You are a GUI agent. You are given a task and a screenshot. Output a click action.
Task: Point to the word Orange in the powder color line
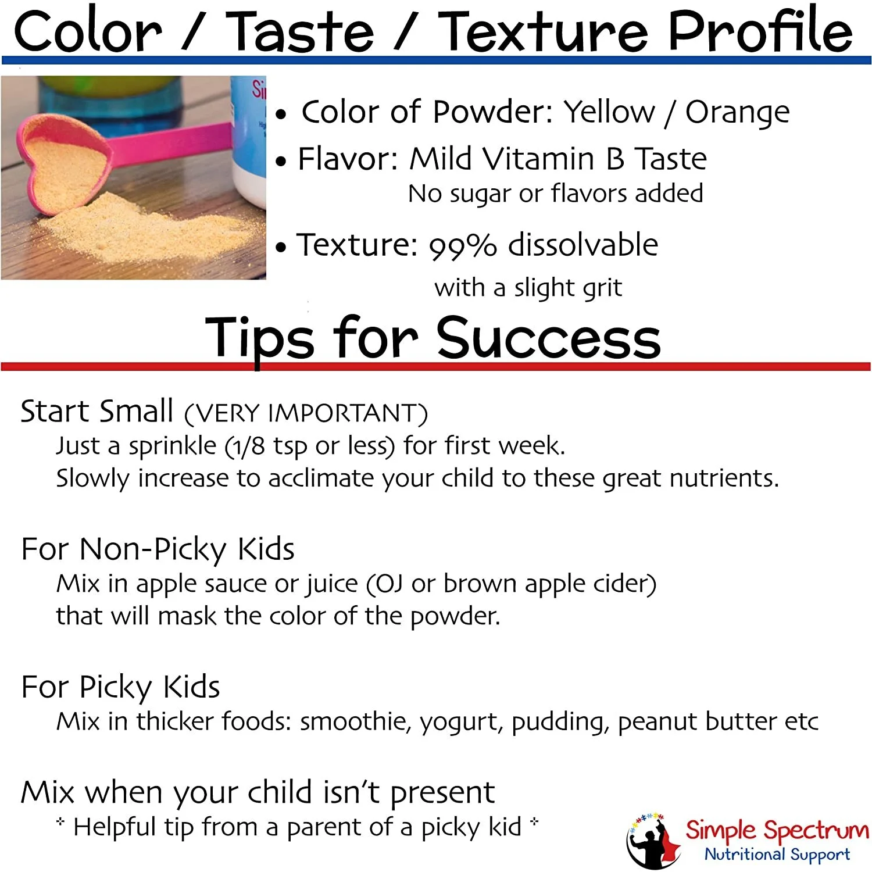coord(737,112)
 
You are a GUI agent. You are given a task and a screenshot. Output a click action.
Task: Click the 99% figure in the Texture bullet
coord(463,246)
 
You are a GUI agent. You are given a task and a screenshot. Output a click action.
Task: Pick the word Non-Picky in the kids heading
coord(152,549)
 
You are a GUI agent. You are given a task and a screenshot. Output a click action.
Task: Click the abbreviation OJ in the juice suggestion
coord(389,584)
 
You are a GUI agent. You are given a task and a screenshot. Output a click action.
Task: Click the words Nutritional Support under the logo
coord(777,854)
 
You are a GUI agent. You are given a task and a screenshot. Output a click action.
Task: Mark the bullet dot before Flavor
coord(281,162)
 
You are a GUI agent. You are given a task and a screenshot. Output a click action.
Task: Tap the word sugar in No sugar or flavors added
coord(479,194)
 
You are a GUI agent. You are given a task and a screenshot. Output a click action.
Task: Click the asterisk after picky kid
coord(534,822)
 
